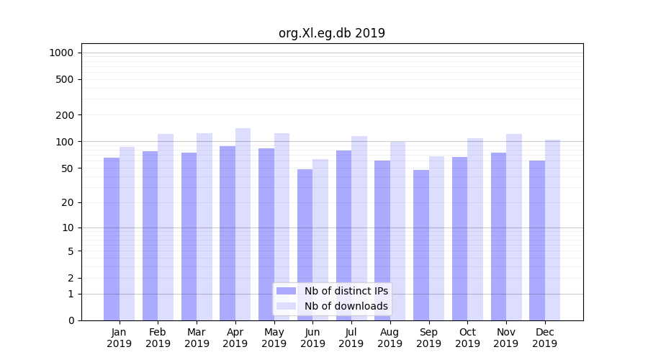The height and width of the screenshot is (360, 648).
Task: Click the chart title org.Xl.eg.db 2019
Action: click(x=331, y=33)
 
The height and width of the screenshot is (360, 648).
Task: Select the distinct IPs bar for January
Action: click(x=112, y=239)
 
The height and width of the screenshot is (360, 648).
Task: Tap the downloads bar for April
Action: click(x=243, y=224)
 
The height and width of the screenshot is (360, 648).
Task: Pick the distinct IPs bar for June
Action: click(x=305, y=245)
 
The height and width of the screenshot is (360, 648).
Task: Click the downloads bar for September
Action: click(x=436, y=238)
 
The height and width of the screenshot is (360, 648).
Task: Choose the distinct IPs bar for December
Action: click(x=537, y=240)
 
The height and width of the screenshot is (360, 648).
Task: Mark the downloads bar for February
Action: click(x=166, y=227)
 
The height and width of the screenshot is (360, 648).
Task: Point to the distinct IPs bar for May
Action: click(x=266, y=234)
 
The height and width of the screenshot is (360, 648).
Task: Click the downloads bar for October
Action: click(x=475, y=229)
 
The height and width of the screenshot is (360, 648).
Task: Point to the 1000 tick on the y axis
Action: click(x=61, y=53)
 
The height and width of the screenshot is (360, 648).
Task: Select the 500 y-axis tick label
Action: click(x=65, y=79)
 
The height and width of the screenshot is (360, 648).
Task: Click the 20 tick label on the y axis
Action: click(x=67, y=202)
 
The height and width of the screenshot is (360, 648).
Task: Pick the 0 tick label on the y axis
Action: click(x=71, y=320)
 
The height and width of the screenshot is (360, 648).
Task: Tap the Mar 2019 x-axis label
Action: click(x=197, y=338)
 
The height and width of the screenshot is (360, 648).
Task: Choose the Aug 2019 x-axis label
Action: click(x=390, y=338)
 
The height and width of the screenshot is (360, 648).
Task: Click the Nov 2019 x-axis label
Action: click(x=506, y=338)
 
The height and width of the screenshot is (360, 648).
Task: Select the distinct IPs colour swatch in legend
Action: click(x=287, y=291)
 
